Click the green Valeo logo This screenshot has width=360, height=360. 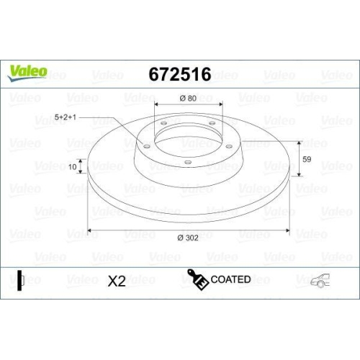pos(28,71)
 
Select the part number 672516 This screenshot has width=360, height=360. pos(179,74)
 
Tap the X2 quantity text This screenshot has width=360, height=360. pos(117,282)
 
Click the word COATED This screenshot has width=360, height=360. pos(231,279)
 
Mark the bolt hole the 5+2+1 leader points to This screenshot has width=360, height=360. pos(147,147)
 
